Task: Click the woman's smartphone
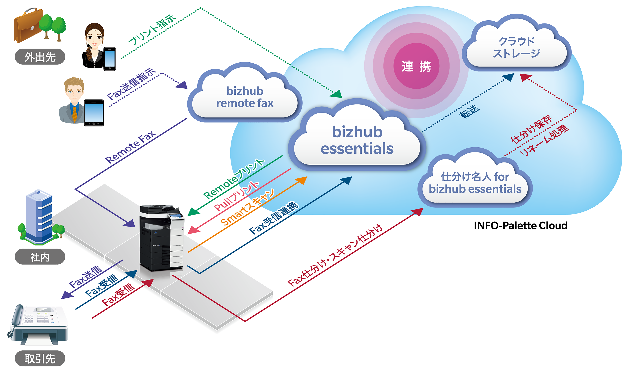[110, 59]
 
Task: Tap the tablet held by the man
[94, 113]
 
